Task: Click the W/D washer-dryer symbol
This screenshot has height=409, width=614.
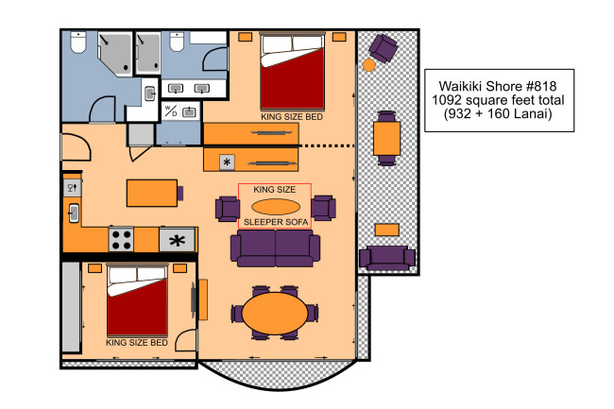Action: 170,111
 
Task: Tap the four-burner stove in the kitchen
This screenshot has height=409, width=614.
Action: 122,240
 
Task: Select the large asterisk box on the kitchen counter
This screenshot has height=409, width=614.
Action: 177,240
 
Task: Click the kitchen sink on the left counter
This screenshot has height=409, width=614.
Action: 74,213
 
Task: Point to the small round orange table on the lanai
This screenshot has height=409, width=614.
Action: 368,65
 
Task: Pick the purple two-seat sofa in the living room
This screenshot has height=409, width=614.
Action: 275,248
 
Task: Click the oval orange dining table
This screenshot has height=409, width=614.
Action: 275,313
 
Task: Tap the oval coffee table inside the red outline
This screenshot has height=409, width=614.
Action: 276,207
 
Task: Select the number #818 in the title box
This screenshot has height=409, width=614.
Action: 542,86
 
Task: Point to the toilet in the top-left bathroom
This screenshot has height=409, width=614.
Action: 78,43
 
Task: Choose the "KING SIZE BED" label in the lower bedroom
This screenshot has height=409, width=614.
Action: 137,343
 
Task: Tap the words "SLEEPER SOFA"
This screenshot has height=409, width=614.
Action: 276,222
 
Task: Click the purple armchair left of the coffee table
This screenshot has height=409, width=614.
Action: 228,209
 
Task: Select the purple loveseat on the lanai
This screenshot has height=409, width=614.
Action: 387,258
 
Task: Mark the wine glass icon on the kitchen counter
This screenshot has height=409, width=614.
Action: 73,188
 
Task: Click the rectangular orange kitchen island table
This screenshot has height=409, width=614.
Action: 152,193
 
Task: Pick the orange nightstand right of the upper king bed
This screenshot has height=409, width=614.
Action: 339,37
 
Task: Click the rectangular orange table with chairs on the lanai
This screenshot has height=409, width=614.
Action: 387,139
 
